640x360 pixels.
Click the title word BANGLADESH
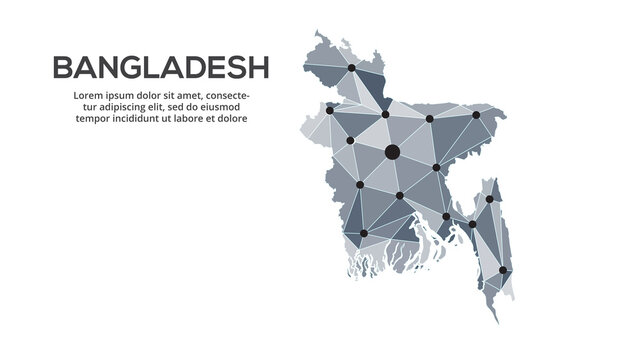[160, 67]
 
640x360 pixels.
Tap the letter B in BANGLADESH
[61, 67]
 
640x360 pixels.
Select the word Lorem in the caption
[89, 95]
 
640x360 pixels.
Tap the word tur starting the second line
[86, 106]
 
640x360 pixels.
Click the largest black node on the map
[391, 152]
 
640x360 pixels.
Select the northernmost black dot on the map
[351, 68]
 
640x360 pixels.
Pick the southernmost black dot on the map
[504, 270]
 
